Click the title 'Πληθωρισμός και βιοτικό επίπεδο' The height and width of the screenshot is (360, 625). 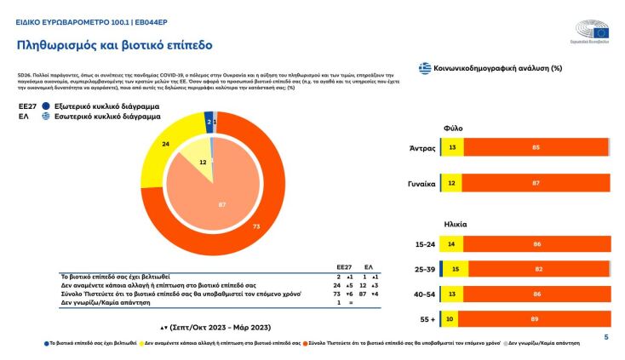click(x=115, y=43)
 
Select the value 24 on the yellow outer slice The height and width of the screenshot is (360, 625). click(x=166, y=144)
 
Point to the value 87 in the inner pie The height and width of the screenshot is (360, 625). click(x=222, y=203)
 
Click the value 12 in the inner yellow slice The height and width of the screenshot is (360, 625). click(x=203, y=162)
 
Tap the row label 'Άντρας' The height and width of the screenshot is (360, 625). click(x=423, y=148)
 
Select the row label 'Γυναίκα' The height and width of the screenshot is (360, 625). click(x=422, y=183)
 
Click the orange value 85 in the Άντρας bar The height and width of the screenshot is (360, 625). click(x=535, y=148)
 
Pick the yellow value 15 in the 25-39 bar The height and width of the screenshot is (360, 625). click(x=456, y=270)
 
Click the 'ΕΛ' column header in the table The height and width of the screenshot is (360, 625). click(x=368, y=266)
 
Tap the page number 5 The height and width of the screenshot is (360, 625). click(x=605, y=337)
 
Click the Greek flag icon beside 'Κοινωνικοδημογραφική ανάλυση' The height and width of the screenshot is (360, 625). click(x=423, y=68)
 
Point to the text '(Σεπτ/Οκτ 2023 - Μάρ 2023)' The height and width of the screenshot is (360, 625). click(x=216, y=327)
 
